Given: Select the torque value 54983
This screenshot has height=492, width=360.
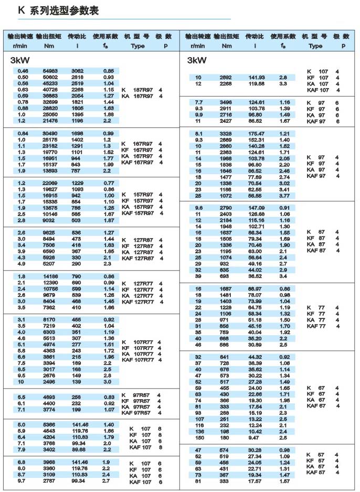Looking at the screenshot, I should (50, 71).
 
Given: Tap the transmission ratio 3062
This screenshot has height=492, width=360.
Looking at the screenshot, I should (78, 71).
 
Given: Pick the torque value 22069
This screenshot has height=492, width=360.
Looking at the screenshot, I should (50, 182).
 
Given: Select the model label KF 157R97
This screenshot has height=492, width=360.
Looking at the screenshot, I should (139, 201).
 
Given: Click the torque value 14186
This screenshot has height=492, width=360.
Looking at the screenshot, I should (50, 276).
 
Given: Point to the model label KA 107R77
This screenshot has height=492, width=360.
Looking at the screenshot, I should (139, 354).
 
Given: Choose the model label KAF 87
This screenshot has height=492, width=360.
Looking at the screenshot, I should (317, 250).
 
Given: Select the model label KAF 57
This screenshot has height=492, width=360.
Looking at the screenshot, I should (317, 472).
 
